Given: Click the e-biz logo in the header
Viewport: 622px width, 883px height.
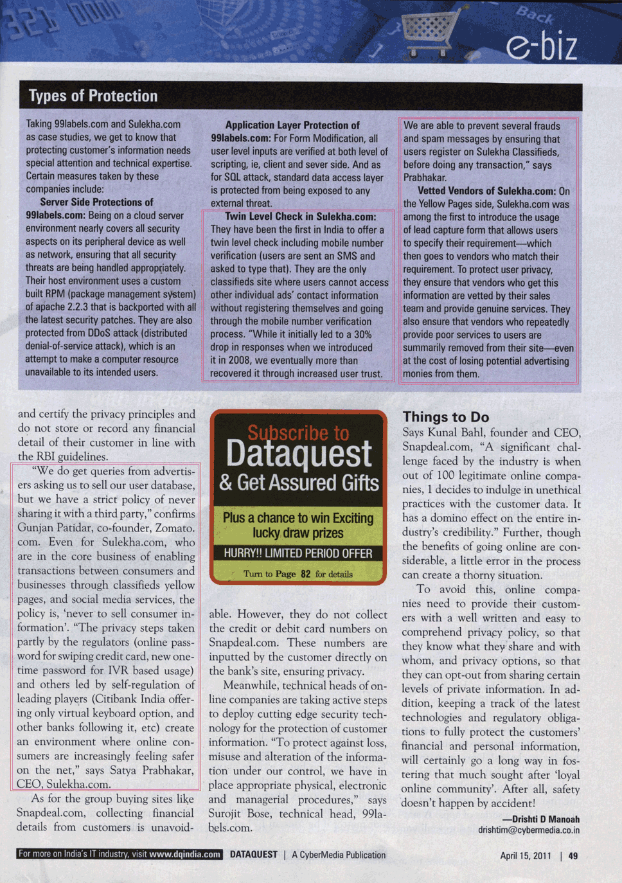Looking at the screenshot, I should pyautogui.click(x=541, y=45).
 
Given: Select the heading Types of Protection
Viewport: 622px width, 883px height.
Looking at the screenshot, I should pyautogui.click(x=93, y=96).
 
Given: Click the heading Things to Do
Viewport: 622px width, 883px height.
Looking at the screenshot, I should pyautogui.click(x=445, y=417).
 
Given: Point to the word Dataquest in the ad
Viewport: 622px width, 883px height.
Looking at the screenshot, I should pyautogui.click(x=299, y=454).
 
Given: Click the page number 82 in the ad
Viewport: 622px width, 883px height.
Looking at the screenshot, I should pyautogui.click(x=305, y=574).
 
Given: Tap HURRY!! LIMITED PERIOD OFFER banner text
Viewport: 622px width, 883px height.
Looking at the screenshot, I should pyautogui.click(x=298, y=553).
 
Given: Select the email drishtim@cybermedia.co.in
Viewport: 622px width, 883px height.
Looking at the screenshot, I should pyautogui.click(x=528, y=830).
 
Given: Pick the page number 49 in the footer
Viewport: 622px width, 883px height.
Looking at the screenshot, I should pyautogui.click(x=573, y=855).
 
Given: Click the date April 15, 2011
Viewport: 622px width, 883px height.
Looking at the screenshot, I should pyautogui.click(x=526, y=855).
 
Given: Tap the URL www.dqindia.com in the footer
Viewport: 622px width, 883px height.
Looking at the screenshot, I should pyautogui.click(x=185, y=854).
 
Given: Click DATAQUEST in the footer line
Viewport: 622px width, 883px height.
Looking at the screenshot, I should pyautogui.click(x=254, y=855).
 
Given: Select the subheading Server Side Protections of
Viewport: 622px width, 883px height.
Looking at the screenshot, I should pyautogui.click(x=96, y=202).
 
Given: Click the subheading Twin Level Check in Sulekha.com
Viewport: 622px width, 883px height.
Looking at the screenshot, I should pyautogui.click(x=300, y=217).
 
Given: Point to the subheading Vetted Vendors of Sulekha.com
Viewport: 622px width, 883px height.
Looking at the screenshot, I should pyautogui.click(x=486, y=191).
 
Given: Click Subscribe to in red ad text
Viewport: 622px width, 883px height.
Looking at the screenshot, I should pyautogui.click(x=298, y=433).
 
